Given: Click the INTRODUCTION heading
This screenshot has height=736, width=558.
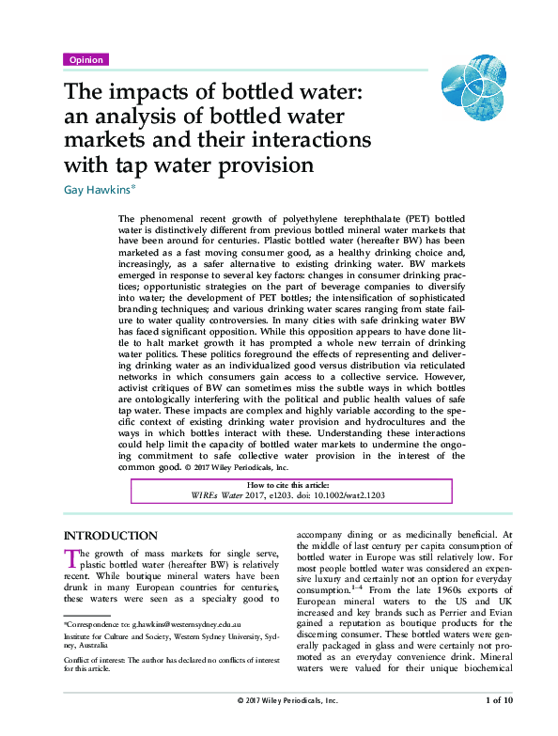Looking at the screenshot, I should click(111, 535).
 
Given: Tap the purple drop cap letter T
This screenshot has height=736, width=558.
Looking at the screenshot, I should click(69, 556).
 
